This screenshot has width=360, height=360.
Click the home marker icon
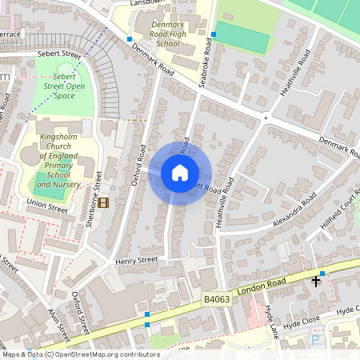pyautogui.click(x=180, y=173)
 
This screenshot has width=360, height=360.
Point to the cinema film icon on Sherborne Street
pyautogui.click(x=103, y=200)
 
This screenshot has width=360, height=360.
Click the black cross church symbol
pyautogui.click(x=316, y=281)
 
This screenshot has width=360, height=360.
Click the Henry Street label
pyautogui.click(x=136, y=261)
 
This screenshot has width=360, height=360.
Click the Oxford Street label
pyautogui.click(x=80, y=311)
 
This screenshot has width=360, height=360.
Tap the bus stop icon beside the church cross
pyautogui.click(x=322, y=274)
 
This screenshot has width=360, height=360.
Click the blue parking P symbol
pyautogui.click(x=314, y=340)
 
